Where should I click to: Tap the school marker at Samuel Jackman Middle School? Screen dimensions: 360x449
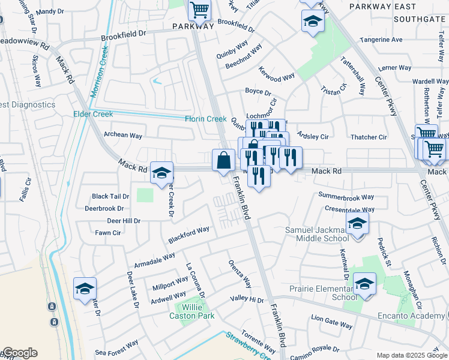point(358,224)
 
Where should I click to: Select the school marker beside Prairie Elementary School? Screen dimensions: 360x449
point(364,284)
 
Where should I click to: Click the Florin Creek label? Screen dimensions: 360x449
point(205,119)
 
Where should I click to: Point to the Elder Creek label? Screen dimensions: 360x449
point(92,114)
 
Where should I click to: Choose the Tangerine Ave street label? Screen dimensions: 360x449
point(381,40)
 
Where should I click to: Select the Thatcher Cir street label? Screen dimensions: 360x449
point(369,137)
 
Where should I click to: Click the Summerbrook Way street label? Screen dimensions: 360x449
point(346,196)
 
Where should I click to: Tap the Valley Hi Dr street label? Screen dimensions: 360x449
point(247,299)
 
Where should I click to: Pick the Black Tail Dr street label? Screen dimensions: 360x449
point(110,196)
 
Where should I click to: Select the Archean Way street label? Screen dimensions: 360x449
point(123,135)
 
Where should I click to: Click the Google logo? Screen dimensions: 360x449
point(19,353)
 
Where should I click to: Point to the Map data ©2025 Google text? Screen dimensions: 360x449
point(411,355)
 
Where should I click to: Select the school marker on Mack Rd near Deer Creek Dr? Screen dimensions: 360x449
point(161,173)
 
